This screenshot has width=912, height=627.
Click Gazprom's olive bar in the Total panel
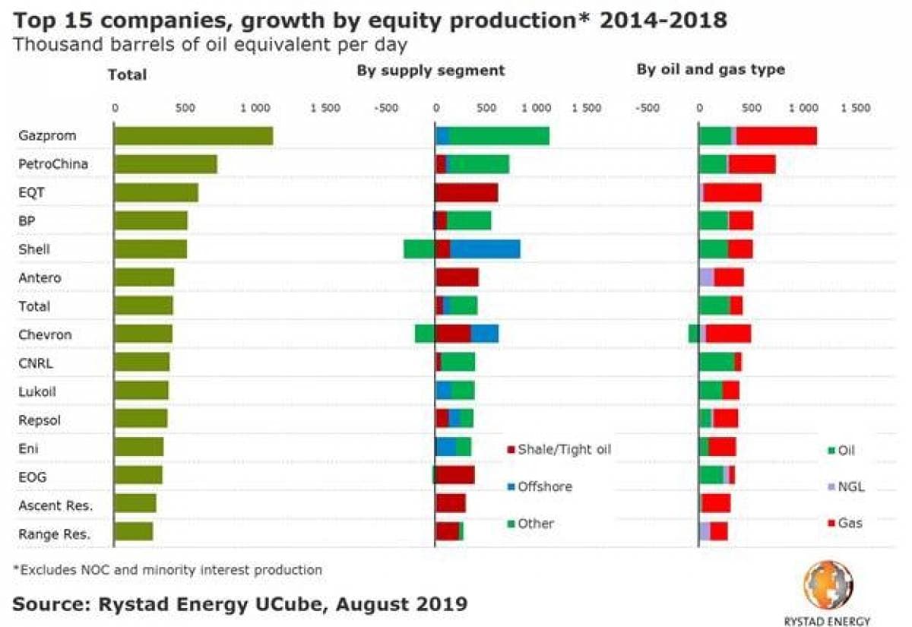click(193, 135)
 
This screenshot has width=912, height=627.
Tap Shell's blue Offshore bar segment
click(485, 249)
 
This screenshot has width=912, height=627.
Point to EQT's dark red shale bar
click(466, 192)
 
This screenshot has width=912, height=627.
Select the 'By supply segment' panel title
click(431, 71)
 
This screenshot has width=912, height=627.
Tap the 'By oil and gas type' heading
click(711, 71)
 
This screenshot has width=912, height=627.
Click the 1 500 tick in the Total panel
click(325, 108)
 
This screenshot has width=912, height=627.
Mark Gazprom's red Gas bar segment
click(776, 135)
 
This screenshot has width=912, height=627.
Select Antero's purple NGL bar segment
click(706, 277)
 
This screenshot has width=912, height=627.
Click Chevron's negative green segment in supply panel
click(425, 334)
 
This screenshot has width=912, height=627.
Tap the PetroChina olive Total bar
click(165, 163)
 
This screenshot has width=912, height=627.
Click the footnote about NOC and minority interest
click(167, 569)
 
